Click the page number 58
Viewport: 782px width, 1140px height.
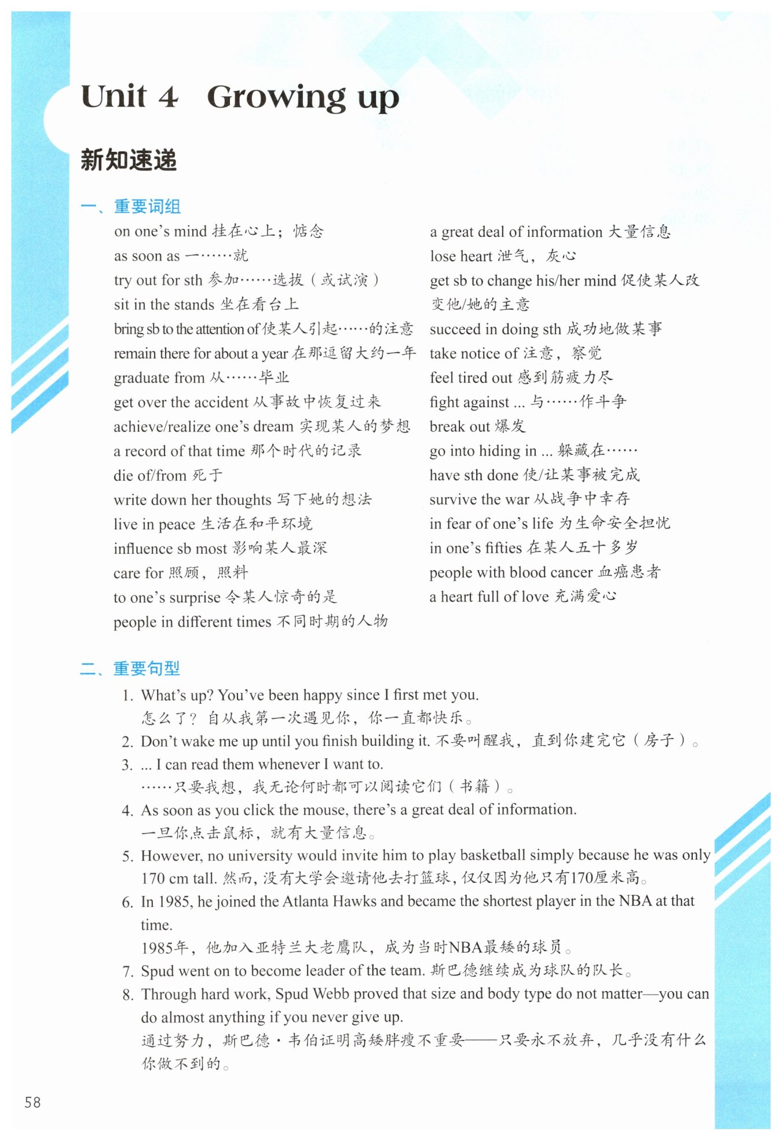pos(32,1101)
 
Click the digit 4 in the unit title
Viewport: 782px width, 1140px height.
pos(168,97)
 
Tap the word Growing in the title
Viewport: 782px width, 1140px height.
pos(276,97)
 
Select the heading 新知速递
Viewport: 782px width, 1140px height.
pos(129,160)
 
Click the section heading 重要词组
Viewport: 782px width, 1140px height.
pos(147,206)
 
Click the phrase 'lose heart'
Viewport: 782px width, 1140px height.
pos(461,256)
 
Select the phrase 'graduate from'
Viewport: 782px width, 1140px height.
pos(159,378)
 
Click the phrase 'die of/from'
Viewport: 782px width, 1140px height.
pos(150,476)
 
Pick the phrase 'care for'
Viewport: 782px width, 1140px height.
pos(138,573)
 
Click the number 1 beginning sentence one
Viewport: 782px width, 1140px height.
pos(127,695)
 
